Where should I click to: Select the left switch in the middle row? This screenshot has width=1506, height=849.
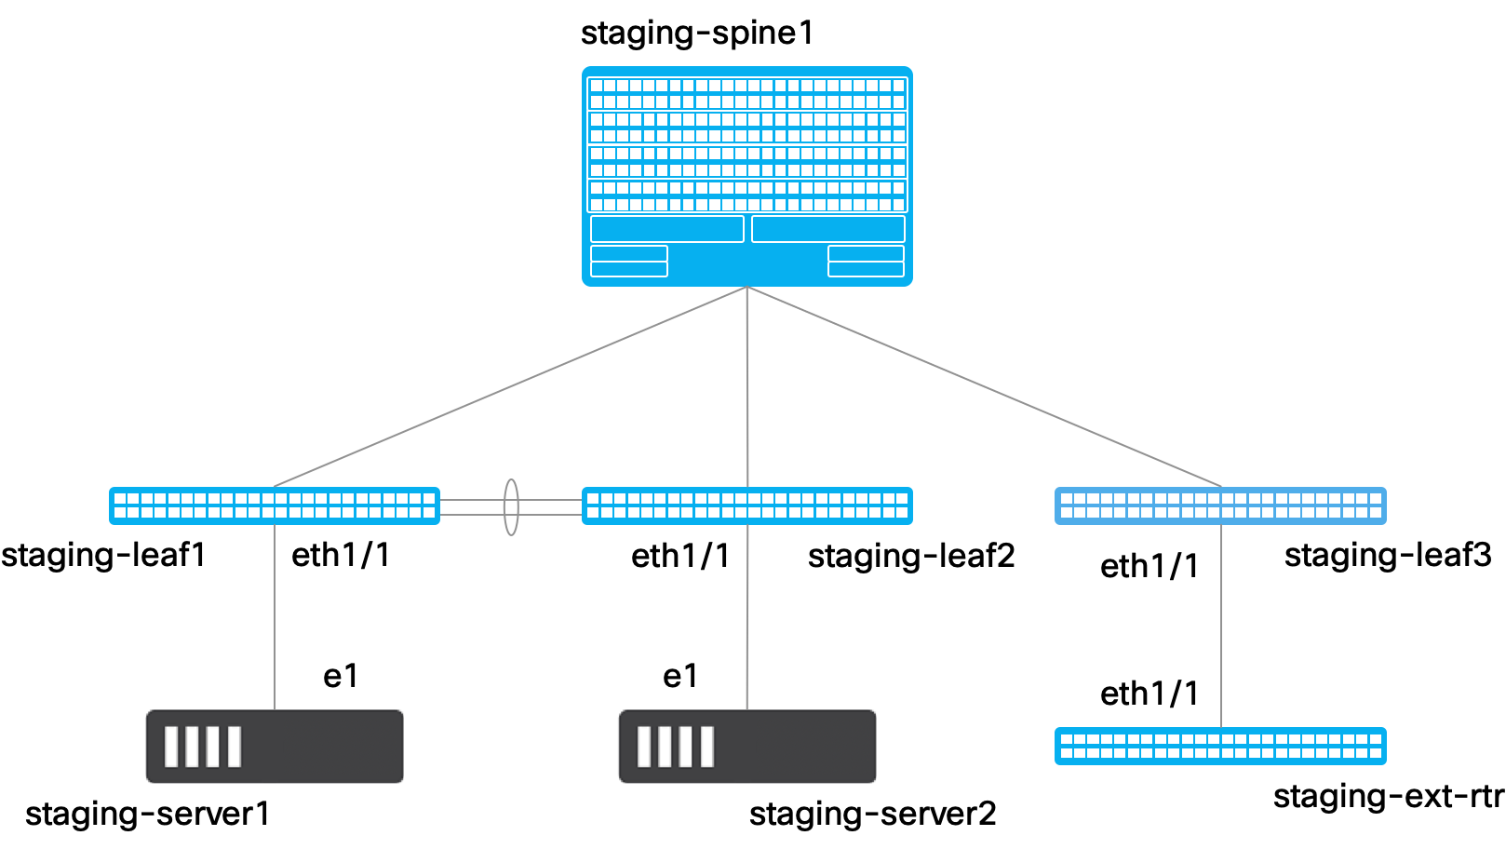tap(274, 505)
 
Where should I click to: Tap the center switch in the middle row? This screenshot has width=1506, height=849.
tap(746, 505)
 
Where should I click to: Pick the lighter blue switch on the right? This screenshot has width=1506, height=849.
tap(1220, 505)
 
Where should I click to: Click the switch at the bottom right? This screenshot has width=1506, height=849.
tap(1220, 746)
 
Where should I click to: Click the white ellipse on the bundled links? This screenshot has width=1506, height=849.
tap(511, 506)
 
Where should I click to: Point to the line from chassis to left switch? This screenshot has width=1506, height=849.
tap(510, 386)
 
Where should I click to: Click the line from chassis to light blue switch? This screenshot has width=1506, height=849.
tap(984, 386)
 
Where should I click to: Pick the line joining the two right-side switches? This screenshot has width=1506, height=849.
tap(1221, 626)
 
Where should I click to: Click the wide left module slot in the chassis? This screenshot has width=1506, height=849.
tap(666, 229)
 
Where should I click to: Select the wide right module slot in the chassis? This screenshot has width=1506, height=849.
tap(828, 229)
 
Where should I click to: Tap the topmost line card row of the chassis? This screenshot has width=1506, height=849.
tap(746, 93)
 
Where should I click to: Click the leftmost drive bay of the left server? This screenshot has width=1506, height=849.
tap(171, 747)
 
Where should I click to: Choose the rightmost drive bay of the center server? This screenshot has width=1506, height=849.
tap(707, 747)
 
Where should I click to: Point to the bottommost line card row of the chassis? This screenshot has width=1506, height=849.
tap(746, 196)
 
